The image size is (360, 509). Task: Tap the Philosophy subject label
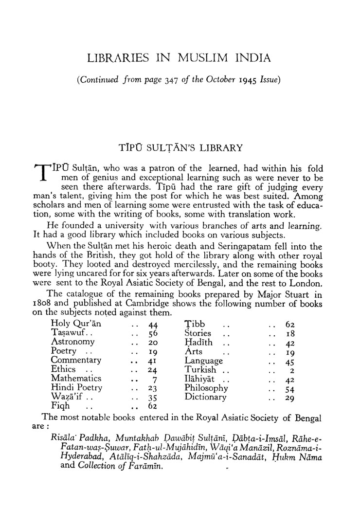point(206,388)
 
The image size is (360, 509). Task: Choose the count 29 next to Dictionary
point(290,398)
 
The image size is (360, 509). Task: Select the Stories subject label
point(198,333)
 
